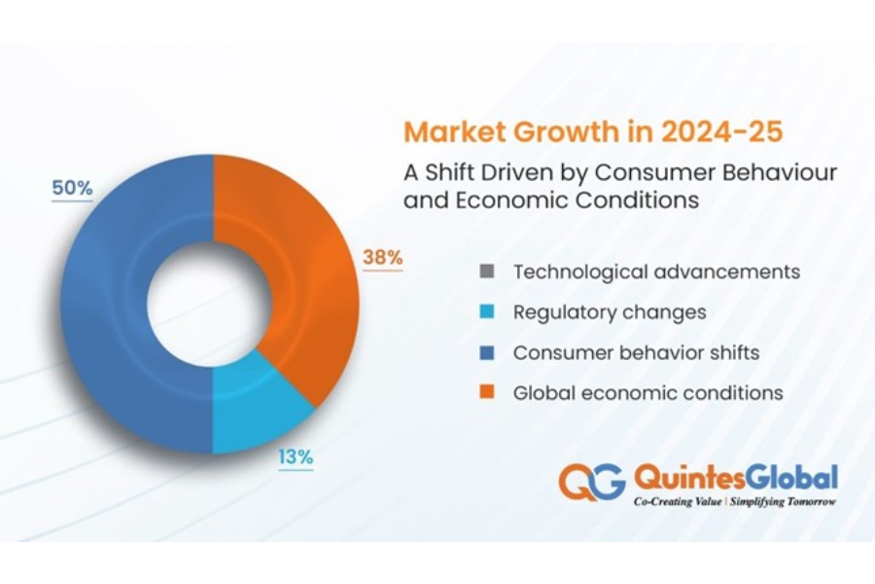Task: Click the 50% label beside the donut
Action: [72, 189]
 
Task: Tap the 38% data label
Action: [382, 258]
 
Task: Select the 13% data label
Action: [297, 456]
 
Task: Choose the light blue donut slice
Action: [258, 409]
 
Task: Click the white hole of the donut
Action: [213, 303]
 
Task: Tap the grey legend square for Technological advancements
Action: [488, 271]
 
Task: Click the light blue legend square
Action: [488, 312]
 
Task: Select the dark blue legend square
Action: [488, 352]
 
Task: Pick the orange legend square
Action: [488, 393]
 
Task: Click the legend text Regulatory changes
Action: [610, 312]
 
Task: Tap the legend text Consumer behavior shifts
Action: [637, 352]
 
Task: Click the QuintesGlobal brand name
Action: [735, 477]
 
